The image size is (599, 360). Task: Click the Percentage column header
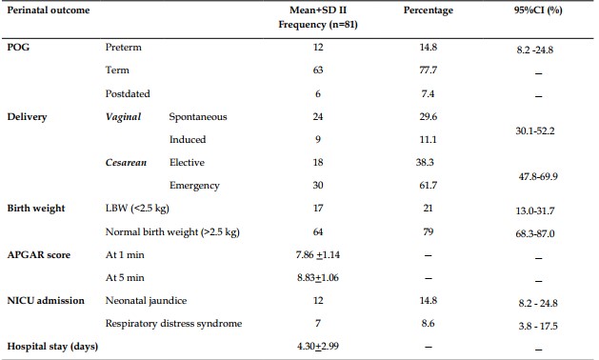click(429, 10)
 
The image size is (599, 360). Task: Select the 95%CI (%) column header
click(538, 10)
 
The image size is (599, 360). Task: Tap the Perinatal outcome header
click(49, 10)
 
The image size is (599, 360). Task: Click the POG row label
click(18, 47)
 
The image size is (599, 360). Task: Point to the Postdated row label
click(128, 93)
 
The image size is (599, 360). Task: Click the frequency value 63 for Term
click(318, 70)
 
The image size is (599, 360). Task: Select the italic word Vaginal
click(124, 116)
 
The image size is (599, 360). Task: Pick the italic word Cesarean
click(126, 163)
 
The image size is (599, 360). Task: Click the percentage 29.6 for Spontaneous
click(428, 116)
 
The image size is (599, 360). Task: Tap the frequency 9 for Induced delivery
click(318, 139)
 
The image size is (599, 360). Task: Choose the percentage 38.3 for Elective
click(425, 163)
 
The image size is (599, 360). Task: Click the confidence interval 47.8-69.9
click(538, 176)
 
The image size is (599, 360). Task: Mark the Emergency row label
click(194, 186)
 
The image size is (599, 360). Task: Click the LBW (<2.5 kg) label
click(137, 209)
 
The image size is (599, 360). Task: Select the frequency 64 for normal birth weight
click(318, 232)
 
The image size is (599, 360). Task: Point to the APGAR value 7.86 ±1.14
click(318, 255)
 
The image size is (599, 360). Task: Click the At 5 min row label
click(125, 277)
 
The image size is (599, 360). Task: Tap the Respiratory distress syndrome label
click(174, 323)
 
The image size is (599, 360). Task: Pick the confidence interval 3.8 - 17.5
click(538, 326)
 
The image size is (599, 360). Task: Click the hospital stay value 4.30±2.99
click(318, 347)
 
